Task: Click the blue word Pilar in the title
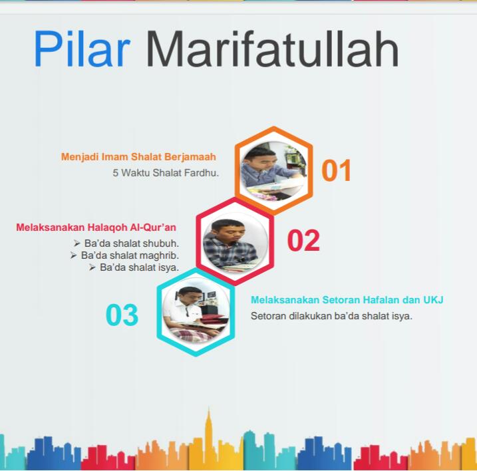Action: [82, 49]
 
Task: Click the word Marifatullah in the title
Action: [272, 49]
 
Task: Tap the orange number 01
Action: [336, 170]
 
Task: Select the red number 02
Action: [303, 240]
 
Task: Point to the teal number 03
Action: [122, 315]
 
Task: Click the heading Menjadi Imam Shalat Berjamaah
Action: [138, 157]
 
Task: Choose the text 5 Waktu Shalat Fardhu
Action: [166, 173]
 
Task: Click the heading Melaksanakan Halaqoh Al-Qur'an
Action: [96, 228]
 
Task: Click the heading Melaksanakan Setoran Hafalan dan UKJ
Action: [347, 300]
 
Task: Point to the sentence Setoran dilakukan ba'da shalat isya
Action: [331, 316]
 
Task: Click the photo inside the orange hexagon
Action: [273, 171]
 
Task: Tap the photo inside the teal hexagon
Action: [196, 313]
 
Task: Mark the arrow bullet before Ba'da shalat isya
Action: [92, 267]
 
